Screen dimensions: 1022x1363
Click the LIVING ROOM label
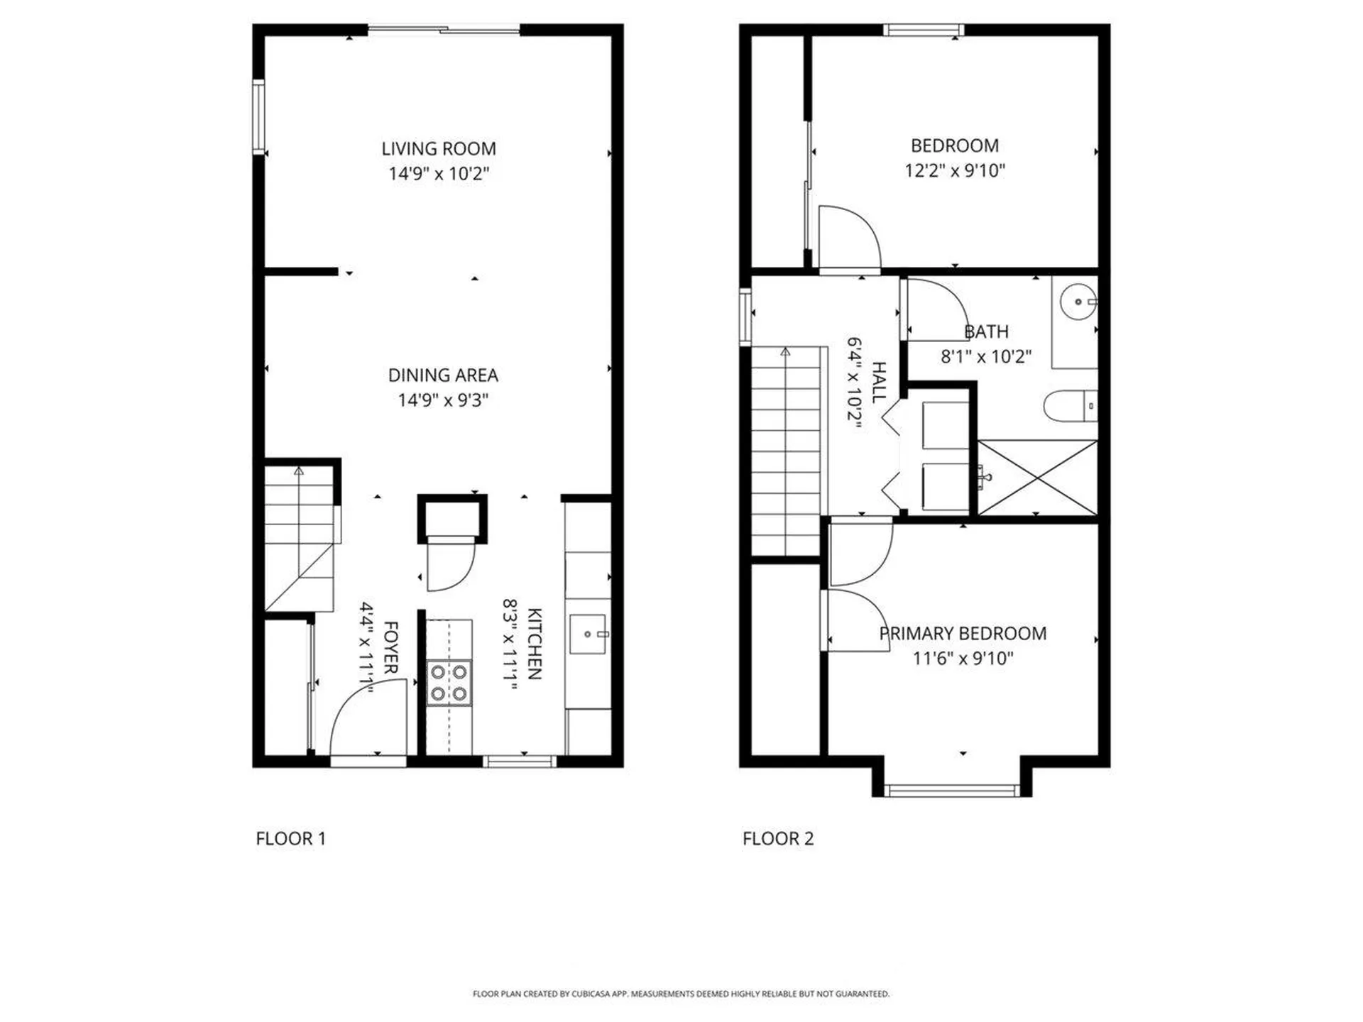pos(438,149)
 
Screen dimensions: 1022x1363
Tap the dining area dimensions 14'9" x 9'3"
pos(443,400)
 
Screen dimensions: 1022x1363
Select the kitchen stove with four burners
pos(449,683)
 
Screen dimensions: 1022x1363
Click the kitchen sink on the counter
pos(588,634)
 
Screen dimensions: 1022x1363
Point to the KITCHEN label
pos(534,644)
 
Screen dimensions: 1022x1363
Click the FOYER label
pos(390,647)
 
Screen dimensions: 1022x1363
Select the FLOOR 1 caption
pos(290,839)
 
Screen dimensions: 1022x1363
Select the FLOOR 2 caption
pos(778,839)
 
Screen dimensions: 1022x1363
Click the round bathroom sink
pos(1078,302)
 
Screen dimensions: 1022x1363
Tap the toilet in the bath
pos(1068,407)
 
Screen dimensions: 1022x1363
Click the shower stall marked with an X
pos(1037,477)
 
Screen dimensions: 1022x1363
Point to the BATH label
pos(986,331)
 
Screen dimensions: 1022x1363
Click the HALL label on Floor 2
pos(878,383)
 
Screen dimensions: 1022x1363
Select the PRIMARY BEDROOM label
pos(963,634)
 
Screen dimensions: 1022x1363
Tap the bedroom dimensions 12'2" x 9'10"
pos(955,171)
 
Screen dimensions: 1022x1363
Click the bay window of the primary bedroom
pos(951,790)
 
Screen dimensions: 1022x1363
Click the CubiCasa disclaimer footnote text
pos(681,994)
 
